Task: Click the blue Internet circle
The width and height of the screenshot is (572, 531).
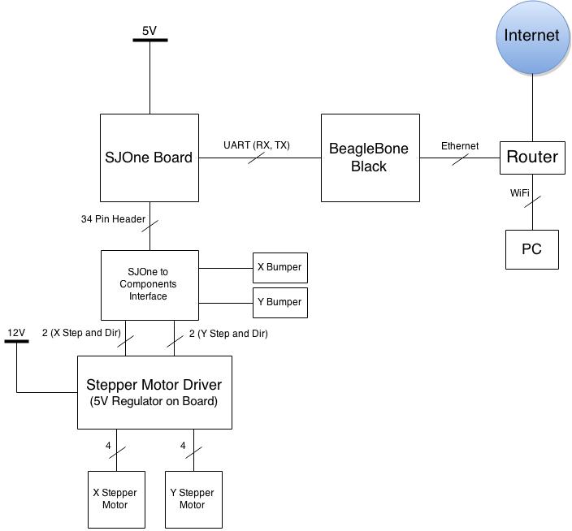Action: (532, 37)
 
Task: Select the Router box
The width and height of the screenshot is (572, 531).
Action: (532, 158)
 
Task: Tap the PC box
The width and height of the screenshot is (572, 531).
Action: (532, 249)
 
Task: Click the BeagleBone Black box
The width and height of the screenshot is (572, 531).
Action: (370, 158)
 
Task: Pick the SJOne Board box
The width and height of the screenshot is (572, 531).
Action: (149, 158)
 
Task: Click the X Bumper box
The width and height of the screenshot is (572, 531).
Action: (280, 268)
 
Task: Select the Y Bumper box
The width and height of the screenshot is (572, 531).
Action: (280, 303)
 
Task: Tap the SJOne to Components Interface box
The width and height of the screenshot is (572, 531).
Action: (149, 285)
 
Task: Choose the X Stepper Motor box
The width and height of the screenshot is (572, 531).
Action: (116, 499)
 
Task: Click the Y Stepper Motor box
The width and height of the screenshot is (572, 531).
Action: (193, 499)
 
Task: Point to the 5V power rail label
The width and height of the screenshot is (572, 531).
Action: (149, 31)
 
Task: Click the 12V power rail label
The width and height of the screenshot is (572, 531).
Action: (16, 333)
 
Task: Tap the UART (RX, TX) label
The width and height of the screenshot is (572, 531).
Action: (257, 145)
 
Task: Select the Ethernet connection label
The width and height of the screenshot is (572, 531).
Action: (460, 146)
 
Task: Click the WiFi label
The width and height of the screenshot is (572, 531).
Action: (519, 192)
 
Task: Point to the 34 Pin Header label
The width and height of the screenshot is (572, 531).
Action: (113, 219)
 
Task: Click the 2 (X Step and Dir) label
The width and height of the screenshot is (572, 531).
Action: (81, 333)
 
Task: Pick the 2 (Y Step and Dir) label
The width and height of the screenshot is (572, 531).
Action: (228, 334)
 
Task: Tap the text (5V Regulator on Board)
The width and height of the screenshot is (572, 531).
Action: (154, 401)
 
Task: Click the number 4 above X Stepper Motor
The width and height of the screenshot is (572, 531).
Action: (108, 446)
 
